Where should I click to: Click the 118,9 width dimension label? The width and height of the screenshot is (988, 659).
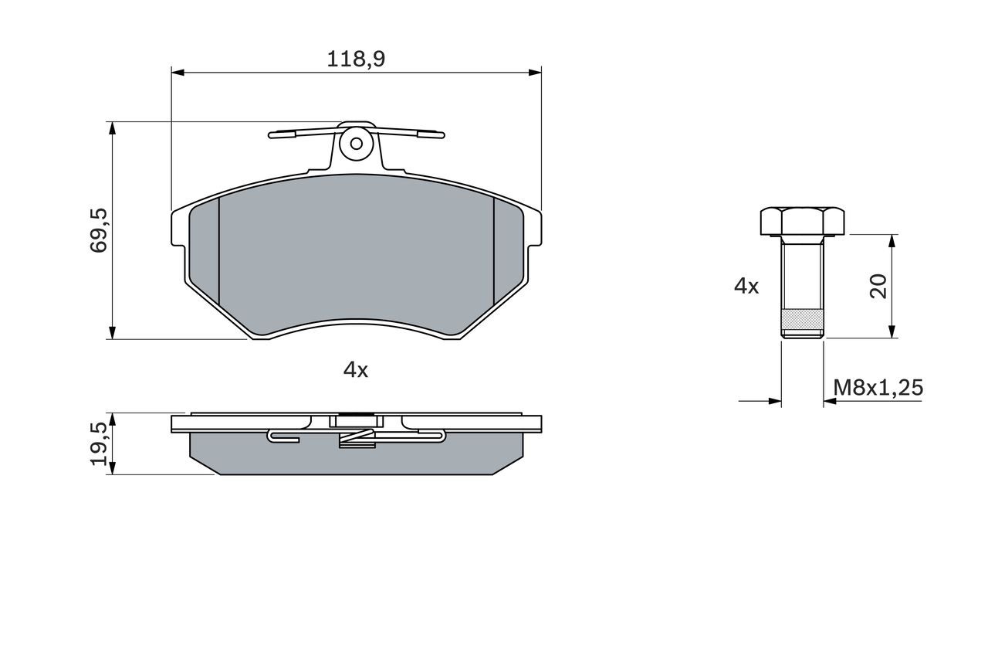click(356, 59)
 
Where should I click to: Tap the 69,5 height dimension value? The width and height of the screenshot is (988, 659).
click(99, 230)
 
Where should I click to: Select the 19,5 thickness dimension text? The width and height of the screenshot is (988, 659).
click(99, 443)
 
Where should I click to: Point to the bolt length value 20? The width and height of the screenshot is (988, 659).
click(878, 286)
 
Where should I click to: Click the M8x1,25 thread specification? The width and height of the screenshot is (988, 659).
click(878, 388)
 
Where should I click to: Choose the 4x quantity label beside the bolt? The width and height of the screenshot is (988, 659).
click(746, 287)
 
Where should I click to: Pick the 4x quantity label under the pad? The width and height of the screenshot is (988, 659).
click(356, 370)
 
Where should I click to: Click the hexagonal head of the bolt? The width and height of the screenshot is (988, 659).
click(802, 221)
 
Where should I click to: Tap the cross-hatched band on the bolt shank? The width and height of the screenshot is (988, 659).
click(802, 319)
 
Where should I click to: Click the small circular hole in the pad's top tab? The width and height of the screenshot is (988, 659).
click(357, 144)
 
